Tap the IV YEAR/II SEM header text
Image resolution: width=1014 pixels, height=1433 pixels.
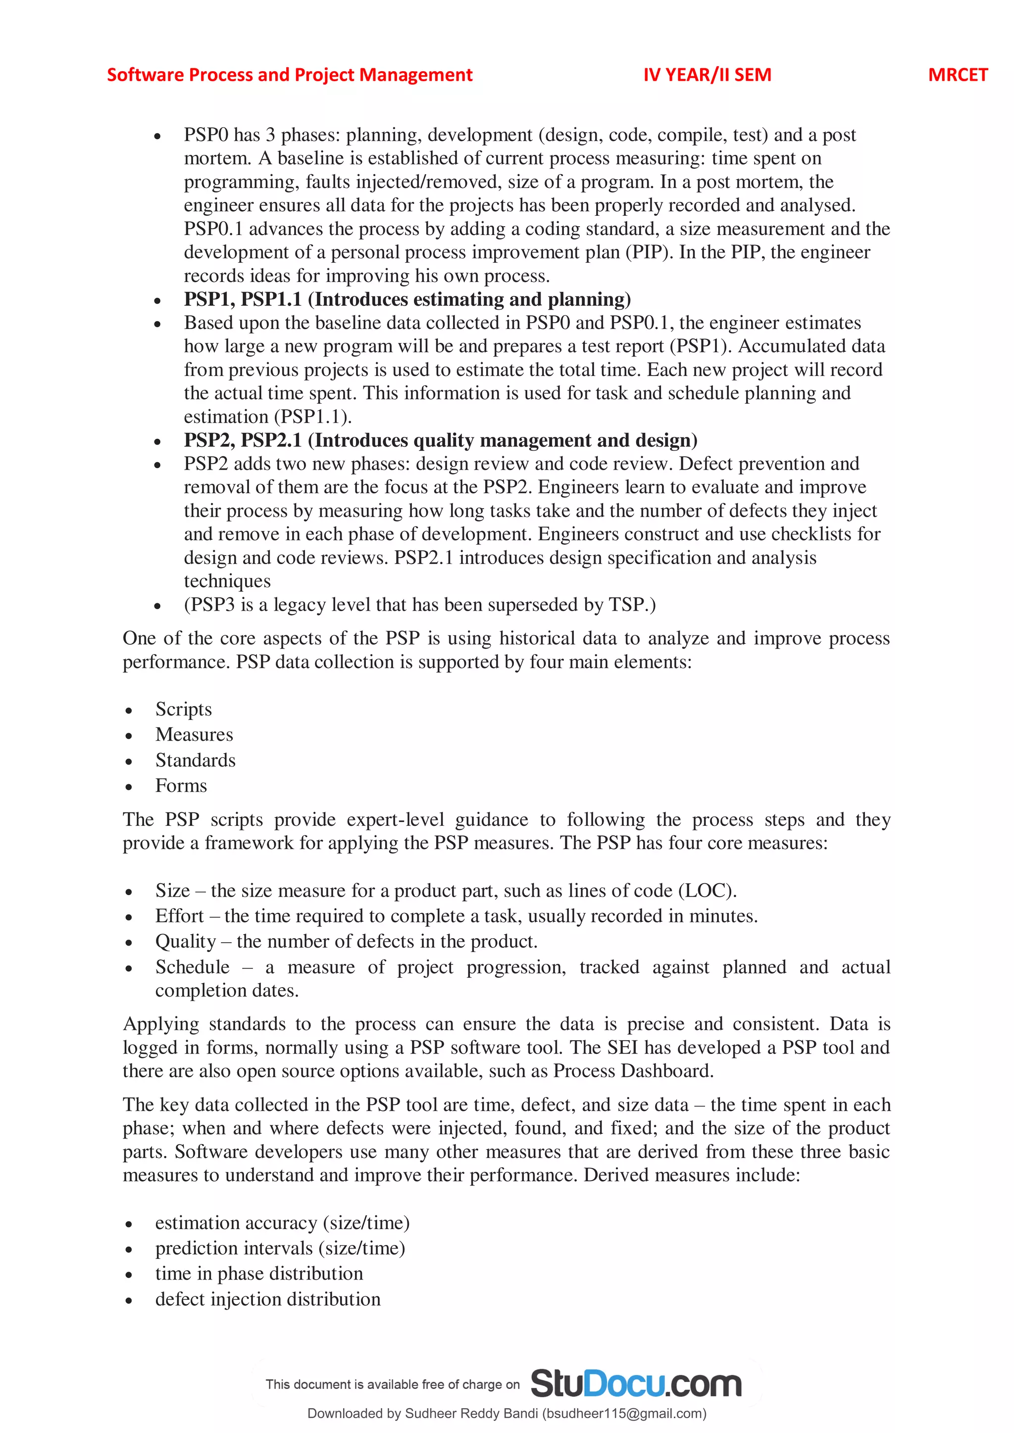(707, 75)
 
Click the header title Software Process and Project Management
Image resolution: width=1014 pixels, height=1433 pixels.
(289, 75)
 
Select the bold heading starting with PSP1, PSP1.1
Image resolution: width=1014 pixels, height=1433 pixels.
(406, 299)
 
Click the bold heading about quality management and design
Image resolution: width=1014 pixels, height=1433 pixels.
(440, 440)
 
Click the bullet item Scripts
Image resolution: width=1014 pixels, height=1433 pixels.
(184, 710)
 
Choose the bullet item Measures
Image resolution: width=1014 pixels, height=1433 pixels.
(194, 735)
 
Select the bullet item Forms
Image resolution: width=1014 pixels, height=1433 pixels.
(181, 786)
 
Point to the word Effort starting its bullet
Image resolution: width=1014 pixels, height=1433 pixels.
(179, 916)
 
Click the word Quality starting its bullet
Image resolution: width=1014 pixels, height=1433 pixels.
(186, 942)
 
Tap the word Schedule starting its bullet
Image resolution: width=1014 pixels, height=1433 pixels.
(192, 967)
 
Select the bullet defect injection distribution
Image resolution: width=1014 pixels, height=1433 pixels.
(268, 1299)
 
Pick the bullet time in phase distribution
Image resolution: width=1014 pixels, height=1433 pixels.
(259, 1274)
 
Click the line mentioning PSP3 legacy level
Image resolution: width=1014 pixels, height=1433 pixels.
(419, 605)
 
